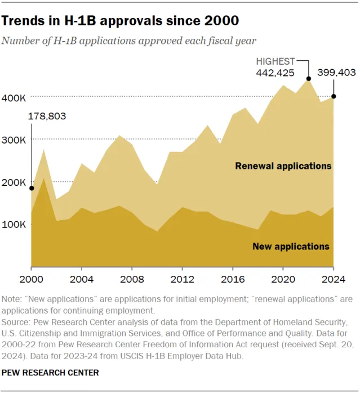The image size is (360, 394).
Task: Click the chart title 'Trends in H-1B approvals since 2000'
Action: coord(121,21)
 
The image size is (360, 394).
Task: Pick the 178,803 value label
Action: coord(47,117)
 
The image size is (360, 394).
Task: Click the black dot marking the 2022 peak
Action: coord(308,79)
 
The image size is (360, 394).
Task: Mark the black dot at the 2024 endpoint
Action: coord(334,97)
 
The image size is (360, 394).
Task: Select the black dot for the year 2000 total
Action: coord(31,189)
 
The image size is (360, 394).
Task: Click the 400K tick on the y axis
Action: coord(15,98)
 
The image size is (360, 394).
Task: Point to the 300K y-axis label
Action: coord(15,140)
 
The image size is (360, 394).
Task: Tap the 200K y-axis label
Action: coord(15,182)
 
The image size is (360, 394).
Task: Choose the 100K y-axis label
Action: coord(15,225)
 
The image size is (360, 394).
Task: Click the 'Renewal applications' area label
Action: coord(283,166)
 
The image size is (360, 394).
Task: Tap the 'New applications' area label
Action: coord(291,247)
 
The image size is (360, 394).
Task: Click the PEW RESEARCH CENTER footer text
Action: coord(51,373)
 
